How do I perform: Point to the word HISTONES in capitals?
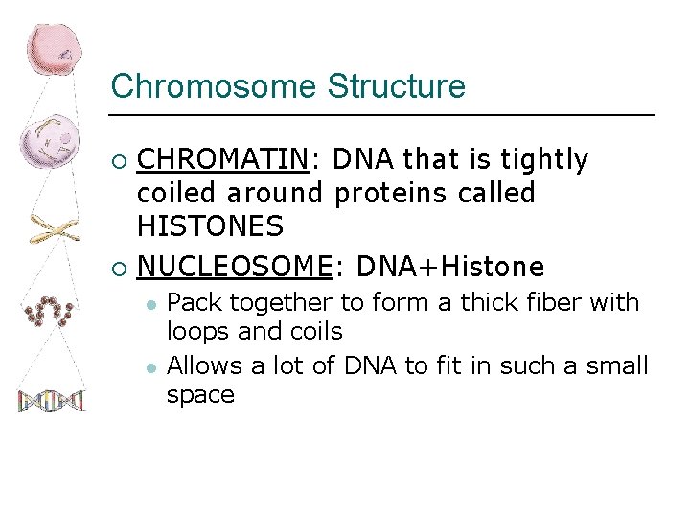click(210, 227)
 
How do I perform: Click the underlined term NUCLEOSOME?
click(234, 266)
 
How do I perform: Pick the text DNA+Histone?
click(449, 266)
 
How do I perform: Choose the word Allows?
click(203, 365)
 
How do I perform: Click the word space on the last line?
click(200, 394)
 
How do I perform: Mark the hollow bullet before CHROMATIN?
click(119, 159)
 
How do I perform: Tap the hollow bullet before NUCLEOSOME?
click(119, 267)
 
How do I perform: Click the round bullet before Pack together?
click(150, 303)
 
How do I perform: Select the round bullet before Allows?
click(150, 365)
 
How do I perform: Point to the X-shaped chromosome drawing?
click(53, 230)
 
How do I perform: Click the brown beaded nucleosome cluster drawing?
click(50, 311)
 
